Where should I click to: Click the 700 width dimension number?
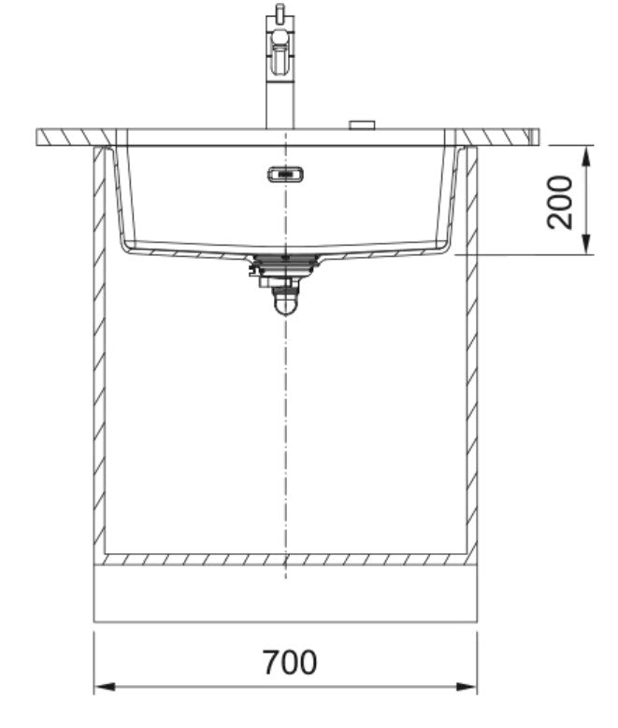click(289, 663)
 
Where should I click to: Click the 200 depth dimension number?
click(560, 202)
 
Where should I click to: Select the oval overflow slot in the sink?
click(284, 175)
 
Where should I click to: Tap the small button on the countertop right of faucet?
click(360, 124)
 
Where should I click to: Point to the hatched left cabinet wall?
click(99, 355)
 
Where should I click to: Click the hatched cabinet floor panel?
click(285, 559)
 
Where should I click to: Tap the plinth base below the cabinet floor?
click(285, 593)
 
